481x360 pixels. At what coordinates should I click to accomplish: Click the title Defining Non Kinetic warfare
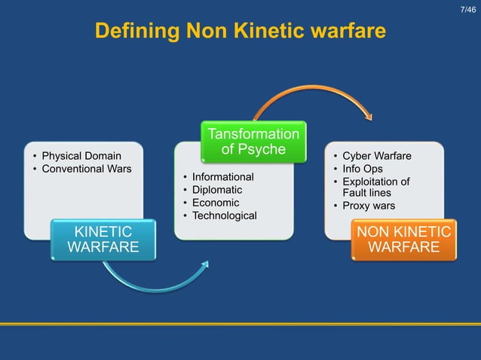(240, 32)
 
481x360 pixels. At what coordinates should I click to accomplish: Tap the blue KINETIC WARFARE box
(103, 239)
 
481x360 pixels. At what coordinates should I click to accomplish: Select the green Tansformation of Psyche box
(253, 142)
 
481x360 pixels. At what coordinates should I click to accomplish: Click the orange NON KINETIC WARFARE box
(404, 239)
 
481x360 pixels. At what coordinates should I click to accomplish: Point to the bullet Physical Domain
(81, 156)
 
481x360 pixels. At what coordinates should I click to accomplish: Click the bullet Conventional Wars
(86, 168)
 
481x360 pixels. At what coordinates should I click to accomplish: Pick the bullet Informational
(223, 176)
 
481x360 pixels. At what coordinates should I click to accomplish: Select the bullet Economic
(216, 203)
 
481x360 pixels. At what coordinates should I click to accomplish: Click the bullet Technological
(225, 216)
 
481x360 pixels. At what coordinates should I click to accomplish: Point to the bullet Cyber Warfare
(377, 156)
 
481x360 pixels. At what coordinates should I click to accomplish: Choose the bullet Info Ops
(363, 169)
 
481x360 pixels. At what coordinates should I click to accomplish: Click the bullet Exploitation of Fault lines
(375, 187)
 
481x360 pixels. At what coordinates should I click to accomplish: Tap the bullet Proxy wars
(369, 206)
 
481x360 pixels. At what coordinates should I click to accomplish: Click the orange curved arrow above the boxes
(313, 93)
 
